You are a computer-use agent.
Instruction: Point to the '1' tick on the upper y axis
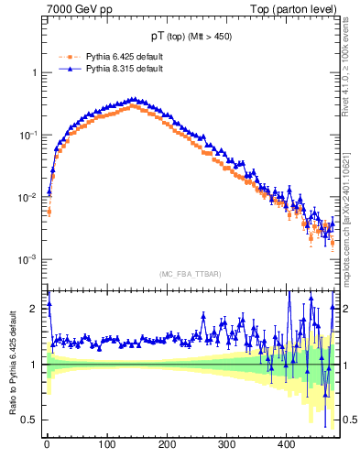[36, 72]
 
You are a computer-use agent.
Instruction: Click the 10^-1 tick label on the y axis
[29, 135]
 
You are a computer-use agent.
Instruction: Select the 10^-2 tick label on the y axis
[29, 197]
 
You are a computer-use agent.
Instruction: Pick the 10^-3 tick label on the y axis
[29, 259]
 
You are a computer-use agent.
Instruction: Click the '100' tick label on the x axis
[107, 444]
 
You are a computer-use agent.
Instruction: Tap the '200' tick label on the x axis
[167, 444]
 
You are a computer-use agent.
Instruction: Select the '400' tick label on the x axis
[287, 444]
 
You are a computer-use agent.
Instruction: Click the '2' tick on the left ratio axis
[36, 309]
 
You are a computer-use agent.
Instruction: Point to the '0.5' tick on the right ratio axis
[350, 420]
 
